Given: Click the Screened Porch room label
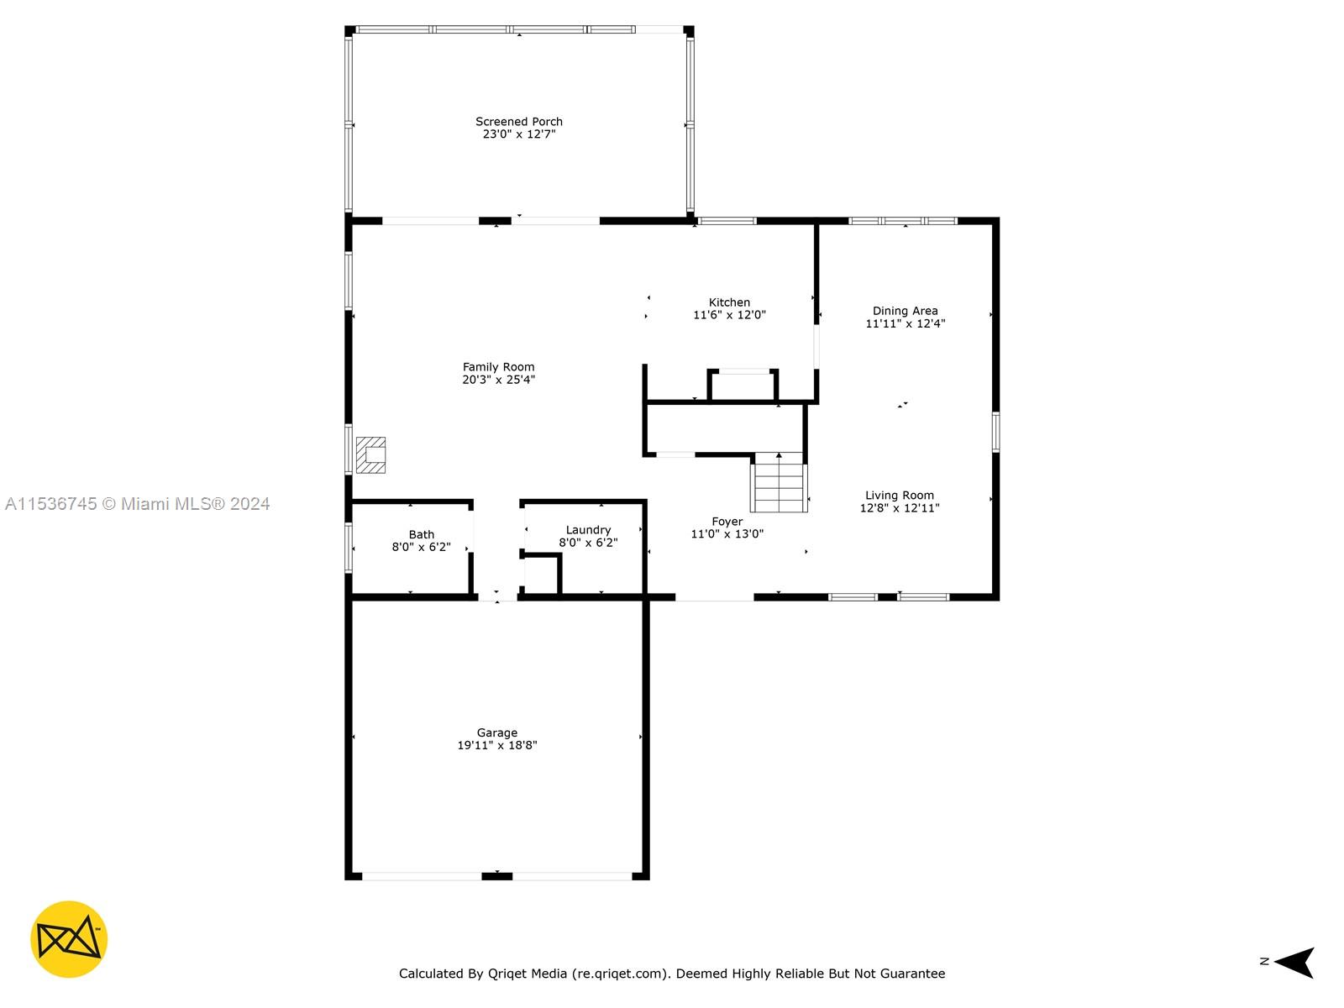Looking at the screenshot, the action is tap(518, 122).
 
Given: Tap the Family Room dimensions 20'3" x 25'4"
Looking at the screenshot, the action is tap(498, 380).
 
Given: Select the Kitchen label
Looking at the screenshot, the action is tap(729, 302).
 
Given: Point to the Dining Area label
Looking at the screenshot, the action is tap(905, 311).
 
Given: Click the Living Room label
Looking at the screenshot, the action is tap(900, 495).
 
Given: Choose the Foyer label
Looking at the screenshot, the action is tap(727, 522).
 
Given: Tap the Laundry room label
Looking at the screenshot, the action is tap(589, 530).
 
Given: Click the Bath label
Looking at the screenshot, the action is tap(422, 534).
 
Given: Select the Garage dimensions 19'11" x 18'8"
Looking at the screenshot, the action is tap(497, 745).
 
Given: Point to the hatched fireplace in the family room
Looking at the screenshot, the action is tap(370, 454).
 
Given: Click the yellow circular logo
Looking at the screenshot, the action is tap(69, 939).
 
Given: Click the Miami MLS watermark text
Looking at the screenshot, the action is tap(137, 504).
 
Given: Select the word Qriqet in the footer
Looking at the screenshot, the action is tap(507, 974).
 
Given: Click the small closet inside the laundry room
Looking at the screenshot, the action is tap(540, 574).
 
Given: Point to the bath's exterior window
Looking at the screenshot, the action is tap(349, 548).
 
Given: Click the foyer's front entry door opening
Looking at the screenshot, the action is tap(715, 597).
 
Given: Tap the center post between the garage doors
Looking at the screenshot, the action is tap(497, 876).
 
